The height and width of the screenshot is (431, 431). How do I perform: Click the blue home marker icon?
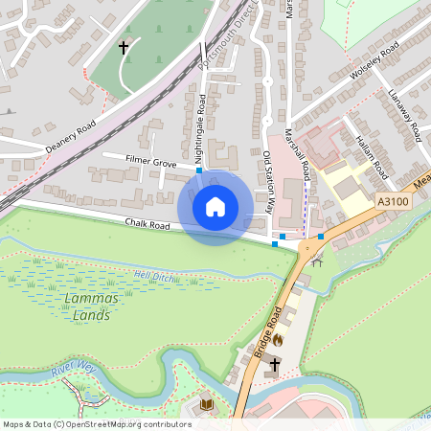click(215, 207)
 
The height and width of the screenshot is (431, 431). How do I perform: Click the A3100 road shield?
click(393, 202)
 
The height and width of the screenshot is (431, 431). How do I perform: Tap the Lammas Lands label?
click(91, 306)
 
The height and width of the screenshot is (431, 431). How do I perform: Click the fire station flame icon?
click(278, 338)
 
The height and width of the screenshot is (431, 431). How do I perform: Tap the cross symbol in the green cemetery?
click(124, 46)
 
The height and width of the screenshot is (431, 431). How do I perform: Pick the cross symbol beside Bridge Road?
click(276, 365)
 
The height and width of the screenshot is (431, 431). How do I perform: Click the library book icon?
click(207, 405)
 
